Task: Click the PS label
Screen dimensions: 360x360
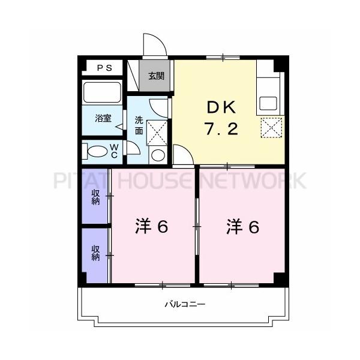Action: coord(104,68)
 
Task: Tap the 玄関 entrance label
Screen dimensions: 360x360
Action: coord(157,77)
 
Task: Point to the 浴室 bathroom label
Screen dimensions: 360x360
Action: coord(103,118)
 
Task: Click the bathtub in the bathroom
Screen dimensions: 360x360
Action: coord(102,93)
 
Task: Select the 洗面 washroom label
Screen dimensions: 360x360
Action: coord(139,124)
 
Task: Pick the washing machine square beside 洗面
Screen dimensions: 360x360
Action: coord(157,131)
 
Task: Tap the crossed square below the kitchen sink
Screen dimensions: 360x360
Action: coord(271,127)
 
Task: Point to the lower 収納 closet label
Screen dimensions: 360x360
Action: coord(95,253)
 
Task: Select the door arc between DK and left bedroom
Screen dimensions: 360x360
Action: coord(183,154)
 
